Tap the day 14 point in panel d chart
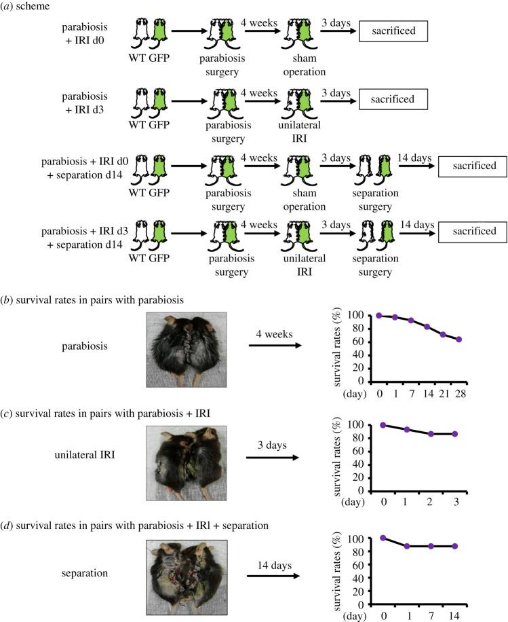click(x=455, y=546)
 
